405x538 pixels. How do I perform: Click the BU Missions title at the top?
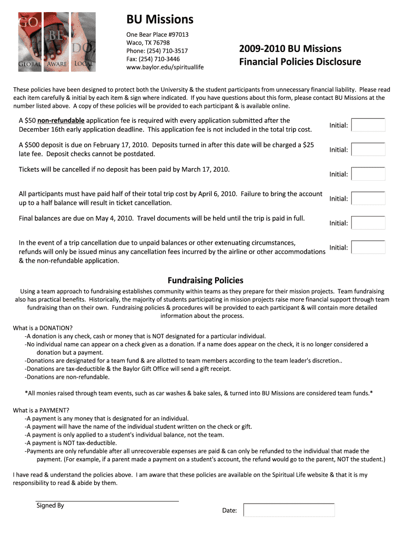[160, 20]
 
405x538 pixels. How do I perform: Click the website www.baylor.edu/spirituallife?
[165, 67]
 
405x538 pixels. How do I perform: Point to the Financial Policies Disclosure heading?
[300, 62]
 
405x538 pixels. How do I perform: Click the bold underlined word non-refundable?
[61, 121]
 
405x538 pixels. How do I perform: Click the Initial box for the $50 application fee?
[368, 125]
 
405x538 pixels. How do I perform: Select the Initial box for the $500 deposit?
[368, 150]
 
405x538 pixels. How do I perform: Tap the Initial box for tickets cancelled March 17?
[368, 174]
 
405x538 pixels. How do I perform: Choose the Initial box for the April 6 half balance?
[368, 199]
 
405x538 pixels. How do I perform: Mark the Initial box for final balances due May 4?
[368, 223]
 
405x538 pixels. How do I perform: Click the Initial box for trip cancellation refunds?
[368, 247]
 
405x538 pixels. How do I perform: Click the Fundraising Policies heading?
[205, 281]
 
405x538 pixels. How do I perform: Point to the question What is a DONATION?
[43, 328]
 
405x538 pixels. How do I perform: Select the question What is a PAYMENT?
[42, 410]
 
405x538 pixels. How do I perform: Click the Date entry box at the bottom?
[289, 510]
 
